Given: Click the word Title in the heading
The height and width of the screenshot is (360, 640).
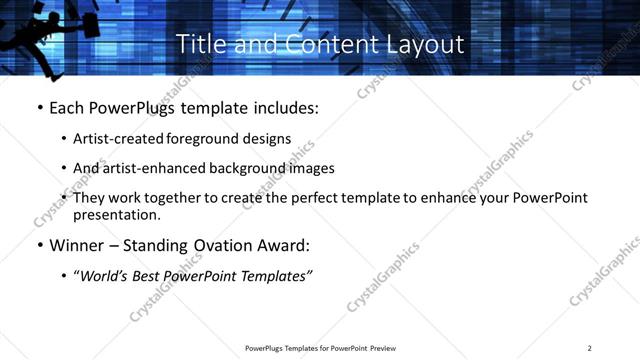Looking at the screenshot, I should pos(198,44).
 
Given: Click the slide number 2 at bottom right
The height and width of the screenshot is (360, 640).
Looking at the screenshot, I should pos(589,347).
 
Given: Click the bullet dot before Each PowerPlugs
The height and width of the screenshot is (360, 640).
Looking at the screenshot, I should pos(39,107).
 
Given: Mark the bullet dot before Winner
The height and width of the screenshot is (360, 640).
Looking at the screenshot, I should pos(39,244).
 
